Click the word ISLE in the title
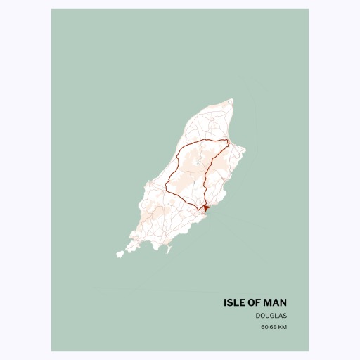point(235,302)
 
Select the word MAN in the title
point(276,302)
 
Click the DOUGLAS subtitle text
point(271,316)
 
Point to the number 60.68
point(269,327)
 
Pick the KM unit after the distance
point(283,327)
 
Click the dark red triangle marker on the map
point(205,207)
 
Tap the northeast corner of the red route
point(229,141)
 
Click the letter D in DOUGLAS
point(258,316)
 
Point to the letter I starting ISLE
point(225,302)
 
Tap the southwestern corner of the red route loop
point(167,188)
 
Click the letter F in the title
point(260,302)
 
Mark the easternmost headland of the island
point(244,149)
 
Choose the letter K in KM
point(281,327)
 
